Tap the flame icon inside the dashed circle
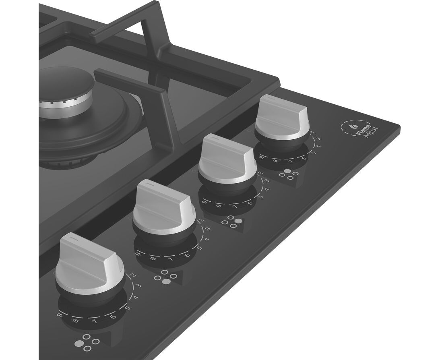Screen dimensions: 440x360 [x=351, y=127]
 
